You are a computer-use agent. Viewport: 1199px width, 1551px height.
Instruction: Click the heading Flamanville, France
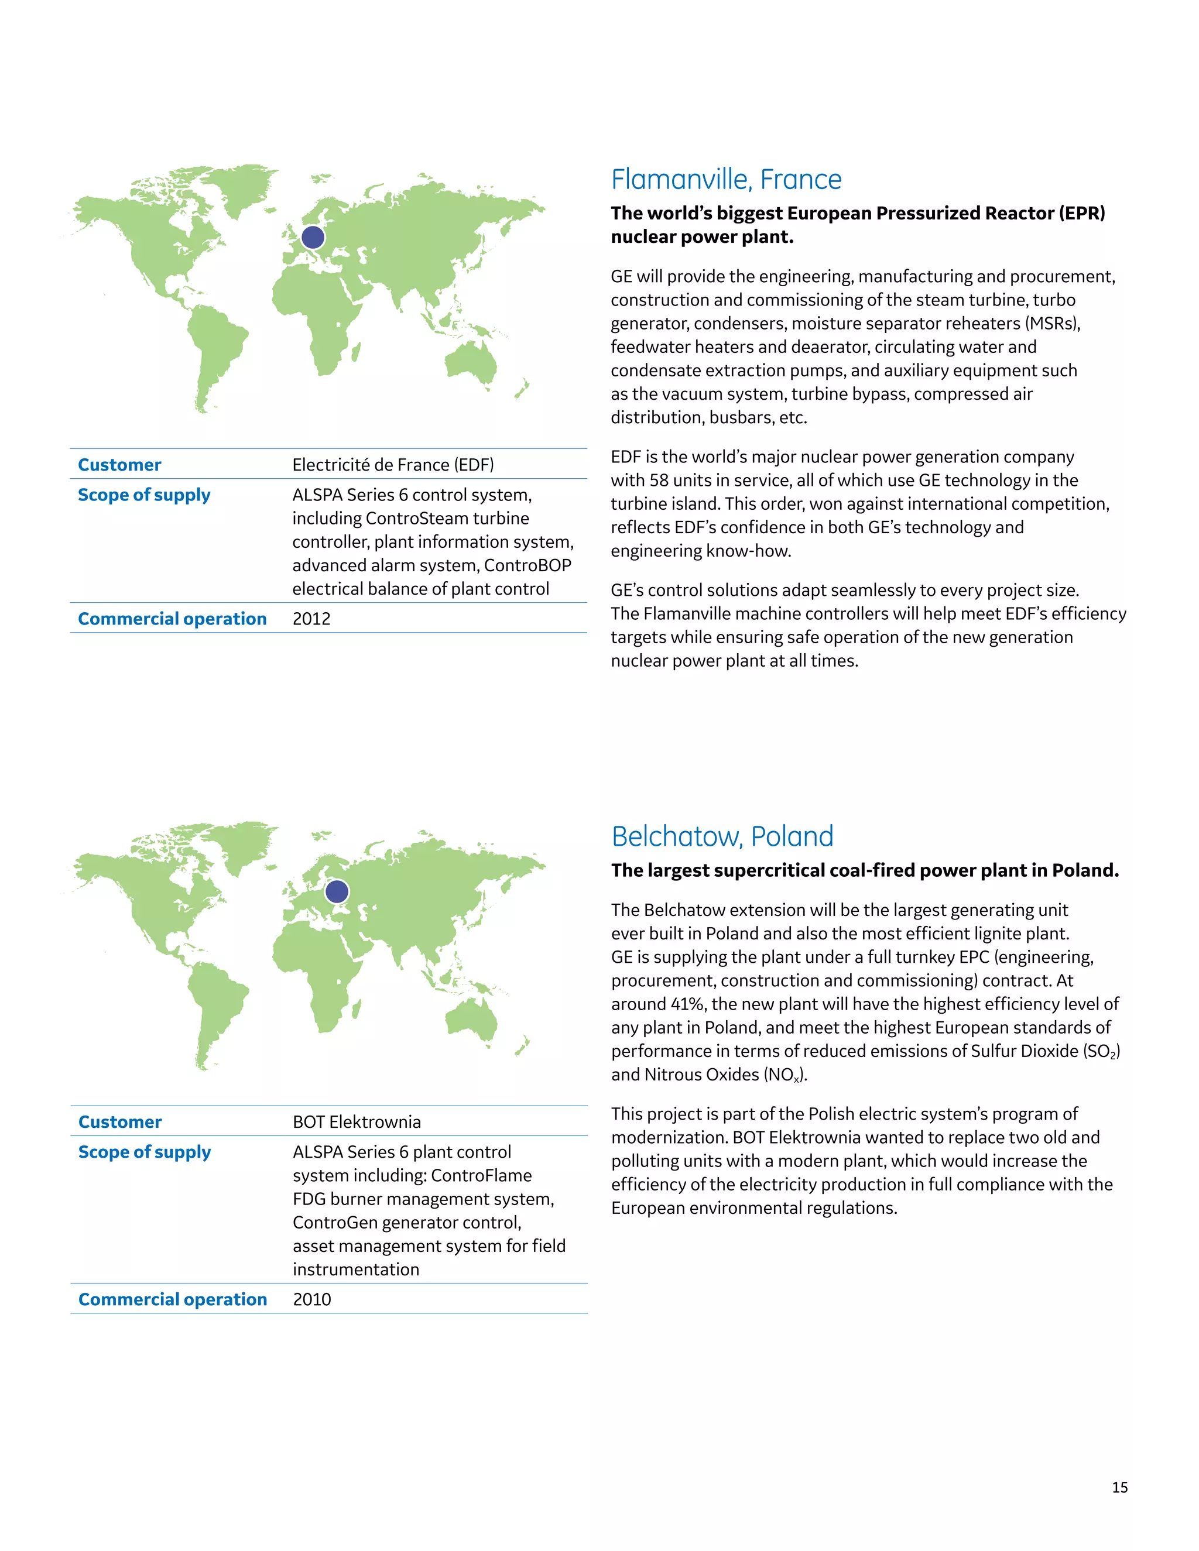726,180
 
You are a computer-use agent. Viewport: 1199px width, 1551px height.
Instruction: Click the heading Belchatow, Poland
722,836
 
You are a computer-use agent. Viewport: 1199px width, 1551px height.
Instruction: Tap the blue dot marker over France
313,237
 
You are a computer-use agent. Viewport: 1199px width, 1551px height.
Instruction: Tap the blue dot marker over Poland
337,891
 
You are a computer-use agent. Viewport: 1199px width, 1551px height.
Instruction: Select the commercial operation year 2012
311,619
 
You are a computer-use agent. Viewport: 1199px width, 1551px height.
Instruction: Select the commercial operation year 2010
312,1299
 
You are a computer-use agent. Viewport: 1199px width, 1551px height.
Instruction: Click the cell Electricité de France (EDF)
393,465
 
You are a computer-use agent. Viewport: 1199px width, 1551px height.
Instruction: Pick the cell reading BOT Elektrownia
357,1121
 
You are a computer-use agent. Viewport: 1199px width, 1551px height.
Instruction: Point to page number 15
1119,1487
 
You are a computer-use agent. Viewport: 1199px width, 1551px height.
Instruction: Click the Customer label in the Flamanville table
119,465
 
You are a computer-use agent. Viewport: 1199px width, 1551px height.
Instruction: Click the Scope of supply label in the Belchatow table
144,1151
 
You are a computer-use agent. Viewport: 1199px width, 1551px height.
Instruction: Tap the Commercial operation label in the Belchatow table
173,1299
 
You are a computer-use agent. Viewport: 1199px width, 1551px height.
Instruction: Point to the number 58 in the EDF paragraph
659,480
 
